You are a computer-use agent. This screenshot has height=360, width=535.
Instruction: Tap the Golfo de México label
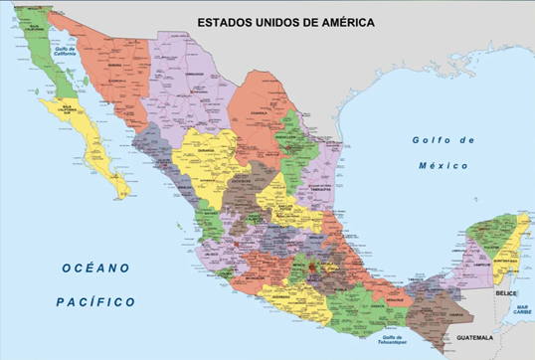click(x=444, y=152)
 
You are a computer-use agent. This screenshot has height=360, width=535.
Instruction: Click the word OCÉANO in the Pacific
click(x=95, y=268)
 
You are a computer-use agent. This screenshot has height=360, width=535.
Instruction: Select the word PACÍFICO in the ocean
click(x=95, y=300)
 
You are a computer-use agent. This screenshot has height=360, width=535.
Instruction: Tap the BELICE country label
click(x=506, y=294)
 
